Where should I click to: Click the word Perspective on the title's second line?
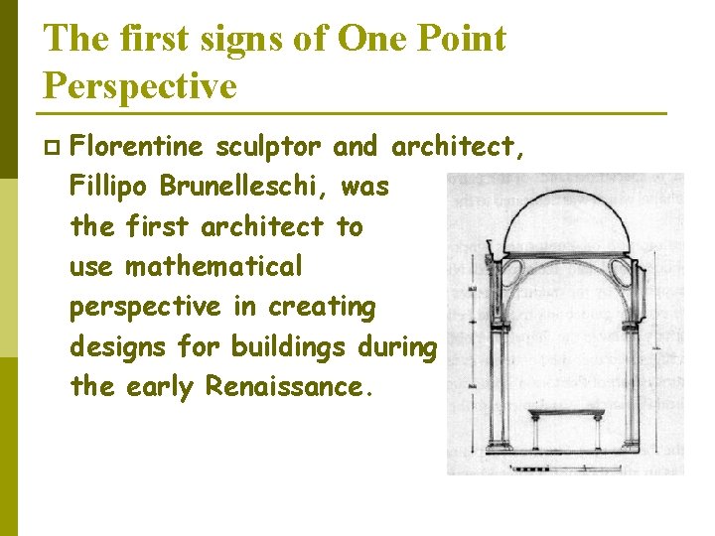click(x=140, y=86)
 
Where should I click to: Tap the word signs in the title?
click(x=235, y=39)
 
